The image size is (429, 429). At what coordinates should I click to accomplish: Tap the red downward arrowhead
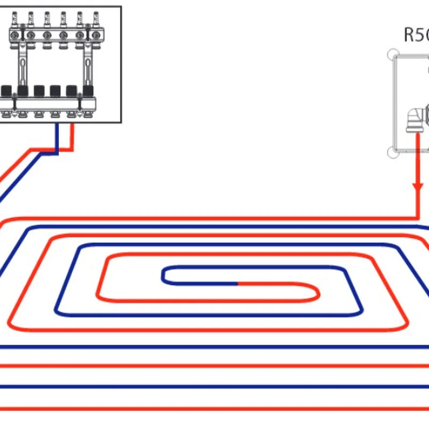click(418, 189)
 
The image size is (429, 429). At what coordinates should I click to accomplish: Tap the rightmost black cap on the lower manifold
click(87, 90)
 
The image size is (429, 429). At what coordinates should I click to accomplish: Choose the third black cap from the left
click(39, 90)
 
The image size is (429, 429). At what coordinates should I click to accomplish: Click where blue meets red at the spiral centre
click(238, 282)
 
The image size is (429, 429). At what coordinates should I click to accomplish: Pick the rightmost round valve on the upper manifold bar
click(95, 36)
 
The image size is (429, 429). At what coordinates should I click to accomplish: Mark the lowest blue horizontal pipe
click(214, 386)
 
